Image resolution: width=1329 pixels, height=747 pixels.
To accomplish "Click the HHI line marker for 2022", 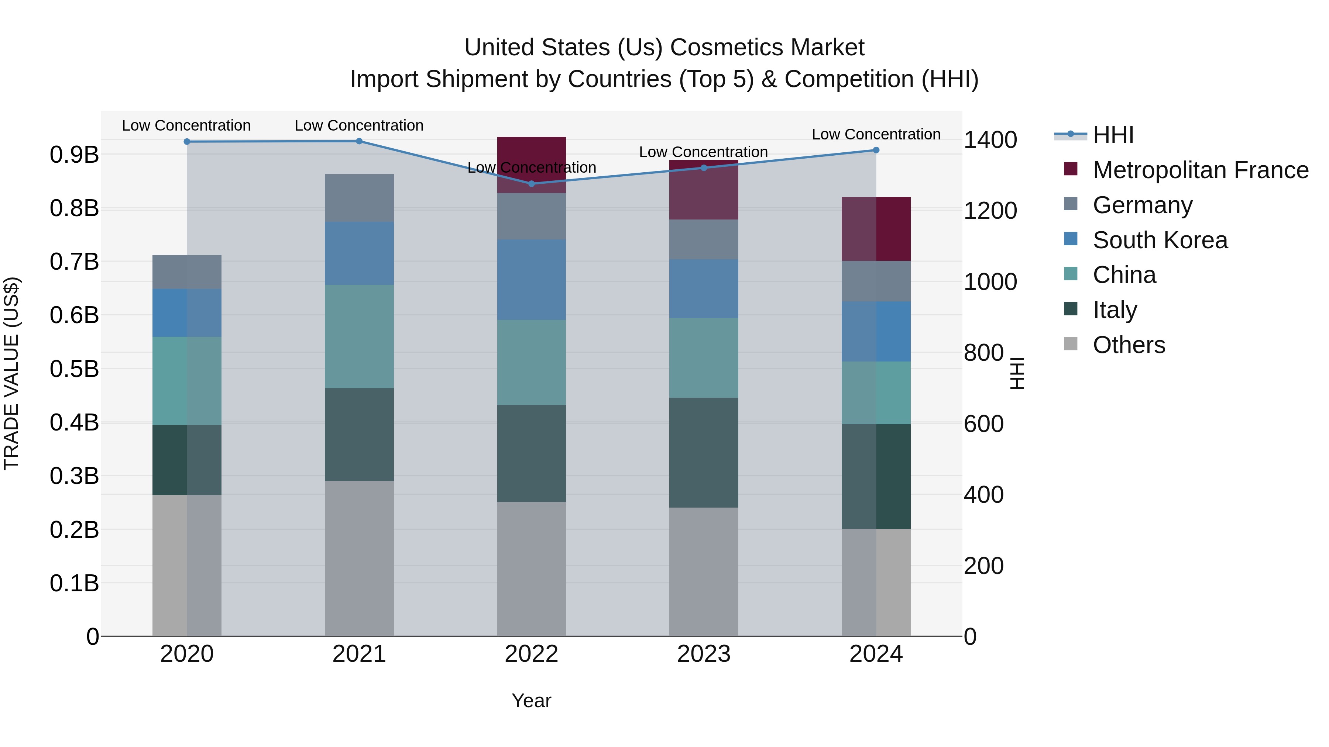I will click(x=531, y=184).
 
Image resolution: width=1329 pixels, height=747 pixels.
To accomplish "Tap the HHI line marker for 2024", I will click(x=876, y=150).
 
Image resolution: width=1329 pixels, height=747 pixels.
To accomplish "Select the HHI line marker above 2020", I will click(x=187, y=142).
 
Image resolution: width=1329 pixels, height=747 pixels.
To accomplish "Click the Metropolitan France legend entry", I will click(x=1200, y=170).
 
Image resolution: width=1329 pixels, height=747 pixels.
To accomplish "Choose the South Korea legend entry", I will click(x=1160, y=240).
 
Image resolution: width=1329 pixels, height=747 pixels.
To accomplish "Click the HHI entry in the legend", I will click(x=1113, y=135).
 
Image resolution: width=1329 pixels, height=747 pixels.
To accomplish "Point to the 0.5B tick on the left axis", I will click(x=74, y=369).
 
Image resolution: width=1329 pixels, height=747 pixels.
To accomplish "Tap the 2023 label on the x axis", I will click(x=704, y=654).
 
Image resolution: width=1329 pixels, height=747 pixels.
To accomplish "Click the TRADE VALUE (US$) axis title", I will click(x=11, y=373).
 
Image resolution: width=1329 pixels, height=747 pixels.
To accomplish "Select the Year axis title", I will click(x=531, y=701).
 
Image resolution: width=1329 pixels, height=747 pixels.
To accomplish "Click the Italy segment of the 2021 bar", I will click(x=359, y=434).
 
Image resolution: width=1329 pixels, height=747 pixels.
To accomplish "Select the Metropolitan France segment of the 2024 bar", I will click(x=876, y=229).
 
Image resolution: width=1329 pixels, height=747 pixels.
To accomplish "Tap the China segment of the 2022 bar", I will click(x=531, y=362).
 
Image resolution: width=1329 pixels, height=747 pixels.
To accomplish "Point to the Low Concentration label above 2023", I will click(x=703, y=152).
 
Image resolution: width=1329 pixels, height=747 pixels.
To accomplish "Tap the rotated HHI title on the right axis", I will click(x=1016, y=373).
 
